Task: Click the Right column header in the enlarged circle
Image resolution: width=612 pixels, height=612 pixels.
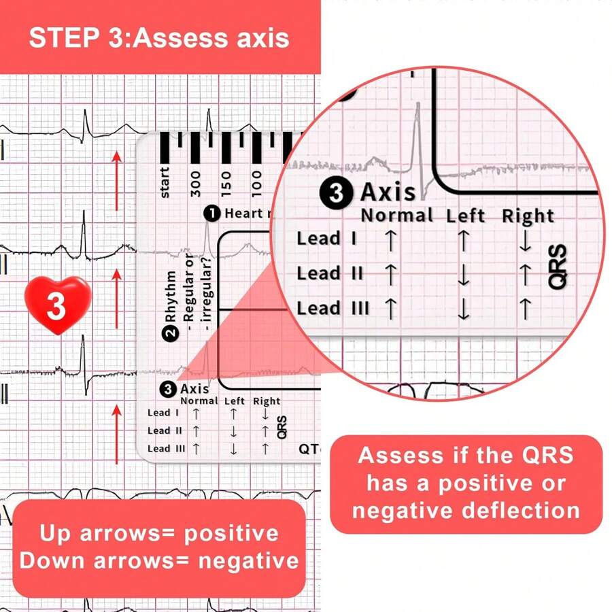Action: click(528, 216)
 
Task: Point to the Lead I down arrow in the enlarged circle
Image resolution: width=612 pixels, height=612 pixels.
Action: click(525, 241)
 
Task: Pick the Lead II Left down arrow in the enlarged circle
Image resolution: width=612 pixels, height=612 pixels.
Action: click(464, 275)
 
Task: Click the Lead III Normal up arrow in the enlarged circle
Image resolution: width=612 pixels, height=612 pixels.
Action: click(390, 309)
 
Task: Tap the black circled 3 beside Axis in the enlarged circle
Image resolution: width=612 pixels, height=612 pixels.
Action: click(337, 193)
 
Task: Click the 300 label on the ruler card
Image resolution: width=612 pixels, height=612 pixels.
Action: click(197, 184)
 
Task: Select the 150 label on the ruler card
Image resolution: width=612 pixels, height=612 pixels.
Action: click(226, 184)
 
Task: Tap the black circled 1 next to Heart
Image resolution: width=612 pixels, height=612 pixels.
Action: click(212, 214)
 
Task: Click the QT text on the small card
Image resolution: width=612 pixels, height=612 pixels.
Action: click(307, 449)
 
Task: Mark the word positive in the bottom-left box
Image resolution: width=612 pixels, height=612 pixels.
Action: click(235, 533)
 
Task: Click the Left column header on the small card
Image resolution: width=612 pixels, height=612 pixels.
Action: click(235, 401)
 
